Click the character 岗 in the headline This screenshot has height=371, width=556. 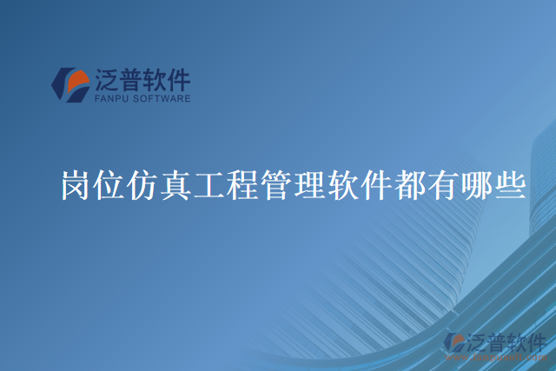coord(76,186)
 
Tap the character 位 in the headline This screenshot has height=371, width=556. coord(110,186)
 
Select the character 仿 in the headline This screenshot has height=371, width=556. coord(143,186)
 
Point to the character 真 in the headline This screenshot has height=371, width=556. coord(176,186)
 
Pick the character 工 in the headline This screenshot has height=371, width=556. coord(209,186)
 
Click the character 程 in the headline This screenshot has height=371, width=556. coord(242,186)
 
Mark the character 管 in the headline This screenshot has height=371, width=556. coord(276,186)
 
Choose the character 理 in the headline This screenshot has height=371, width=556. coord(309,186)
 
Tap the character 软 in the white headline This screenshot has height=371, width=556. coord(342,186)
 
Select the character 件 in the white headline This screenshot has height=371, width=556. coord(375,186)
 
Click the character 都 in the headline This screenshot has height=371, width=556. coord(408,186)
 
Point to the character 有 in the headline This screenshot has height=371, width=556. coord(441,186)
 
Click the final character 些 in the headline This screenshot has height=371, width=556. coord(508,186)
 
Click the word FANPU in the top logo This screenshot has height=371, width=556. coord(110,99)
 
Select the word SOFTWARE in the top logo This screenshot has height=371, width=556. coord(161,99)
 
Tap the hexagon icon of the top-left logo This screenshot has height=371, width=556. coord(70,85)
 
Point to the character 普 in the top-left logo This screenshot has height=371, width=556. coord(134,81)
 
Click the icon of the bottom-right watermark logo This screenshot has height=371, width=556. coord(454,343)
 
